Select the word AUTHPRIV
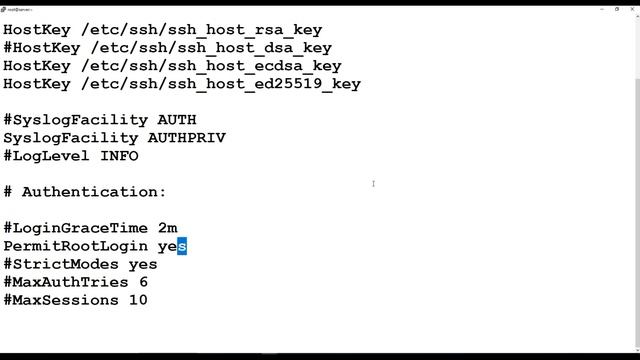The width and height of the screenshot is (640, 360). click(x=187, y=138)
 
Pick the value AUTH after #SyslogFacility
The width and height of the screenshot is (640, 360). click(x=177, y=120)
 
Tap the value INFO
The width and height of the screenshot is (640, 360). click(x=119, y=156)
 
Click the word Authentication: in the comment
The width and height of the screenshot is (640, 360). click(x=94, y=192)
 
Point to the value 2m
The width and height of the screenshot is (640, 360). click(x=168, y=228)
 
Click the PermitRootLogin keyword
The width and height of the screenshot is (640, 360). click(x=76, y=246)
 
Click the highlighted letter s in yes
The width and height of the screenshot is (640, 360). click(x=183, y=246)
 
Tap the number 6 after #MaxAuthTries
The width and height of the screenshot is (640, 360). click(x=144, y=282)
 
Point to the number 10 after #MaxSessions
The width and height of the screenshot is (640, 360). click(x=138, y=300)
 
